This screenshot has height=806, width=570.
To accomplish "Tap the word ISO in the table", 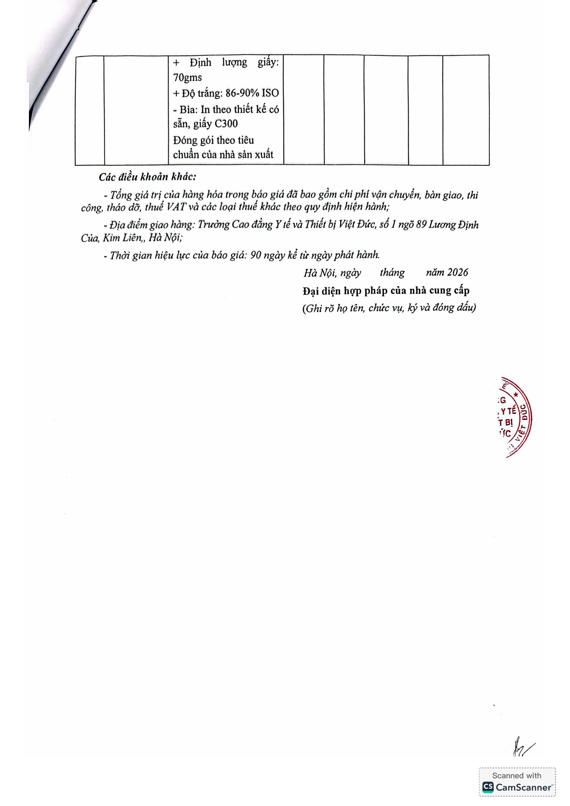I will click(x=270, y=93).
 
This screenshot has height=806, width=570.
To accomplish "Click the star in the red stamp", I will click(x=516, y=395).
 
